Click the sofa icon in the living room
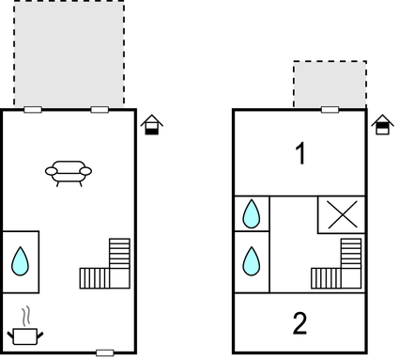click(x=68, y=172)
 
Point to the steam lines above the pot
click(x=26, y=314)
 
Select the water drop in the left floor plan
click(x=20, y=260)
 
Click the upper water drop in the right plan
click(x=251, y=214)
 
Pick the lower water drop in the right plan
click(x=251, y=259)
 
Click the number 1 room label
click(x=300, y=154)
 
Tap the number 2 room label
click(x=299, y=324)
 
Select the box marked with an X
click(x=340, y=214)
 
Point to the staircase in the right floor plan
click(x=339, y=267)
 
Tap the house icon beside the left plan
click(x=150, y=125)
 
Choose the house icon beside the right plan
click(x=381, y=125)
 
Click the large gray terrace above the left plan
click(x=69, y=53)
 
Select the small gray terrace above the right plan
click(x=330, y=85)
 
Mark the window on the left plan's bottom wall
click(x=105, y=352)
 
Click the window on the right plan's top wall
click(x=330, y=110)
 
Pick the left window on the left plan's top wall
click(x=33, y=110)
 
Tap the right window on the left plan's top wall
click(x=100, y=110)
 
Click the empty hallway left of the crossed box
click(x=294, y=226)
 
